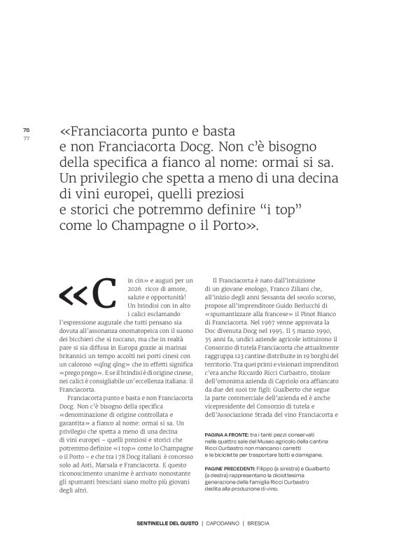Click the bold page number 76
tap(26, 130)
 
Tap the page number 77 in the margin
tap(26, 137)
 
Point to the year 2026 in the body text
tap(135, 289)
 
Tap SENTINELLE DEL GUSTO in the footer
tap(167, 523)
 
